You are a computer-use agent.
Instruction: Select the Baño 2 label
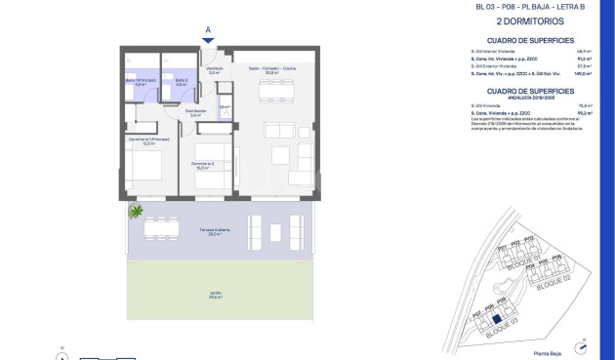180,83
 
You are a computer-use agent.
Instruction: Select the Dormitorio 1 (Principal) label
143,141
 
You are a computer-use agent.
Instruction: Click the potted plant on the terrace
136,212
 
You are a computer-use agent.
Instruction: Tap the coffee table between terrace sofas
266,229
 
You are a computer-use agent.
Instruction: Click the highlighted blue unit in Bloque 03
496,318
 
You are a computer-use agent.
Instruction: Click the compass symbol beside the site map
582,342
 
